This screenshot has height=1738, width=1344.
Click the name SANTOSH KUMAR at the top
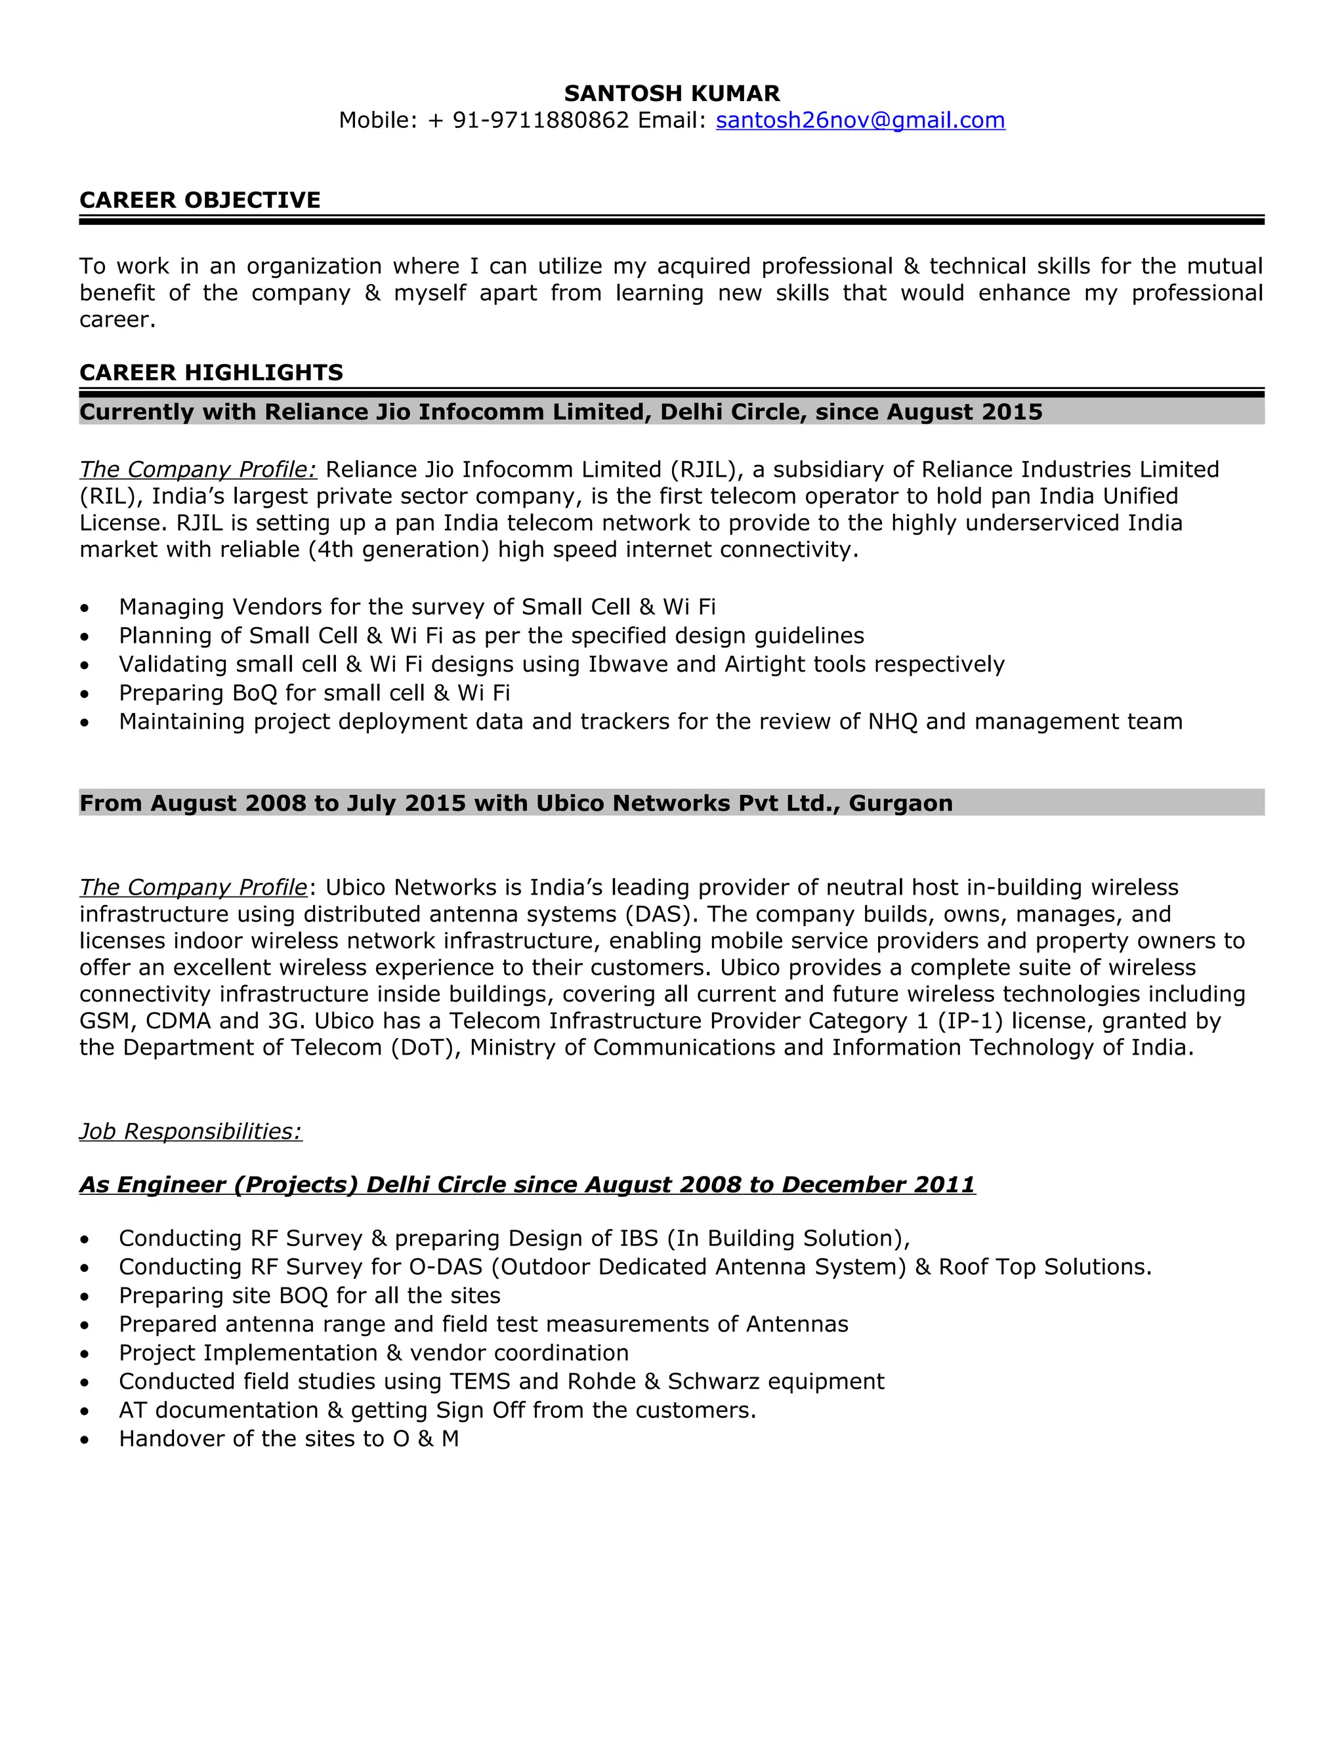pos(671,94)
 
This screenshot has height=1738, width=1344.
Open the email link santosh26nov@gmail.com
pos(860,120)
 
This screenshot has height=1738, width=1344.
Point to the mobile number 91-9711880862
pos(541,120)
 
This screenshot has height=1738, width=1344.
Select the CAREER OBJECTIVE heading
pos(200,200)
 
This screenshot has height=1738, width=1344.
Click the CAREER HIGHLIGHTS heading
pos(211,373)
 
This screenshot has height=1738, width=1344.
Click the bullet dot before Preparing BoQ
pos(85,694)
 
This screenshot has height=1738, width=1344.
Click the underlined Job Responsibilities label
pos(190,1131)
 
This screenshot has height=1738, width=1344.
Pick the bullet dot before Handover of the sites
pos(85,1440)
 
